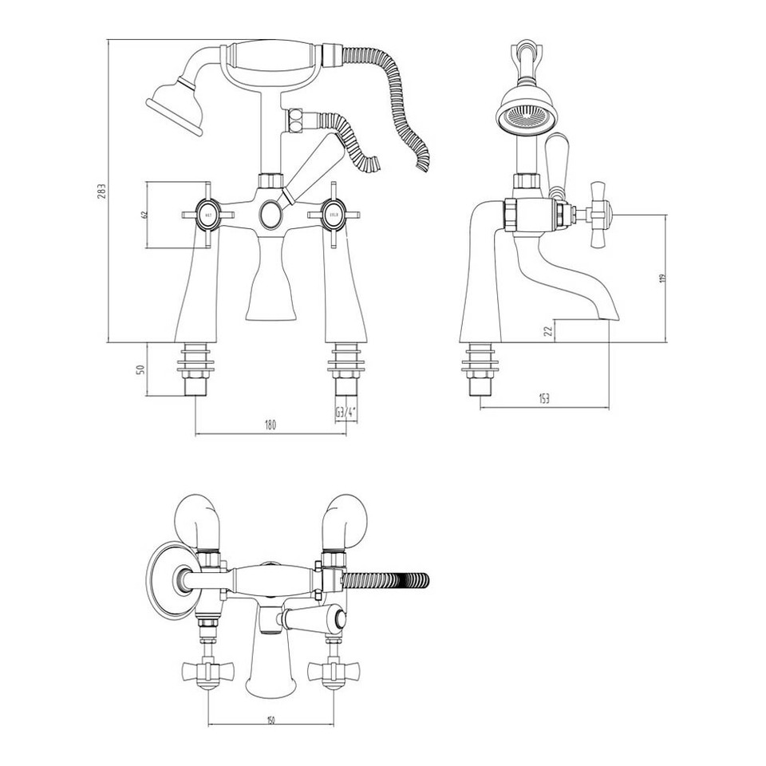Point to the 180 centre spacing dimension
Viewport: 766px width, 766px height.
[270, 426]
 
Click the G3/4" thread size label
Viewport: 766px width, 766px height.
[345, 413]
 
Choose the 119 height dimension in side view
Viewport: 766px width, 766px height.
[661, 278]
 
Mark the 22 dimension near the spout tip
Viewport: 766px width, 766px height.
[547, 331]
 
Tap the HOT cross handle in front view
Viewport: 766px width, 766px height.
[207, 215]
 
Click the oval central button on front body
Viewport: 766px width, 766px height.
[270, 215]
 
